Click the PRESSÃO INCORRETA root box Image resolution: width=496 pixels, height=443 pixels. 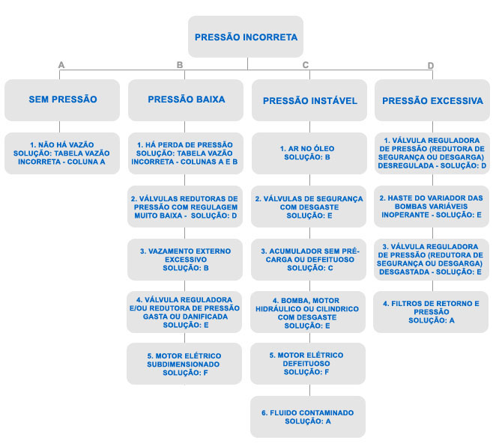coord(246,37)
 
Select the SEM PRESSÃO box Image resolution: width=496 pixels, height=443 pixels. coord(62,100)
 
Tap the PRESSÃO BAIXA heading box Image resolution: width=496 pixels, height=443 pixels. coord(186,100)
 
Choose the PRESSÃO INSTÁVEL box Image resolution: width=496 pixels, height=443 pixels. coord(309,100)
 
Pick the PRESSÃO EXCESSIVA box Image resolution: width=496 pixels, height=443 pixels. coord(432,100)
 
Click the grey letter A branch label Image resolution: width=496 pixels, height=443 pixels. coord(61,65)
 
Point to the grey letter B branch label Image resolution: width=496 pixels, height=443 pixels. coord(180,65)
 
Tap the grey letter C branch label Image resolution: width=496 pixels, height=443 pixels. coord(305,65)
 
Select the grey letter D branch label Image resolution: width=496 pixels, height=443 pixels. coord(431,65)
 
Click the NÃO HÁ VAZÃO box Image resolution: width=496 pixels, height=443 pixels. coord(62,153)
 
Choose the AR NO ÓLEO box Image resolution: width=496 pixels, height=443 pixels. coord(309,153)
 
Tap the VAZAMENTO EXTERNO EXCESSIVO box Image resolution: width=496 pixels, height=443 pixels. coord(185,260)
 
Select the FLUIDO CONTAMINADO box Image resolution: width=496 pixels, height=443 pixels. coord(308,417)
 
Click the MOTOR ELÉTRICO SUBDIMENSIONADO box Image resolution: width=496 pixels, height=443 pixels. coord(184,364)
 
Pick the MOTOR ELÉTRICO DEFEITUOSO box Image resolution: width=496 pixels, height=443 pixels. coord(308,364)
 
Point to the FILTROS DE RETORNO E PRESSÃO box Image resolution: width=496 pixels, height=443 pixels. coord(431,312)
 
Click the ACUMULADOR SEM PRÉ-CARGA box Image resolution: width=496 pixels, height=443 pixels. coord(309,260)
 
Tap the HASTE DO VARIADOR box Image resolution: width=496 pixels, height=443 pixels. coord(432,207)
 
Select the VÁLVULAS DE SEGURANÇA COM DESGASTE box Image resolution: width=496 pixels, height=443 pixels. coord(309,207)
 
